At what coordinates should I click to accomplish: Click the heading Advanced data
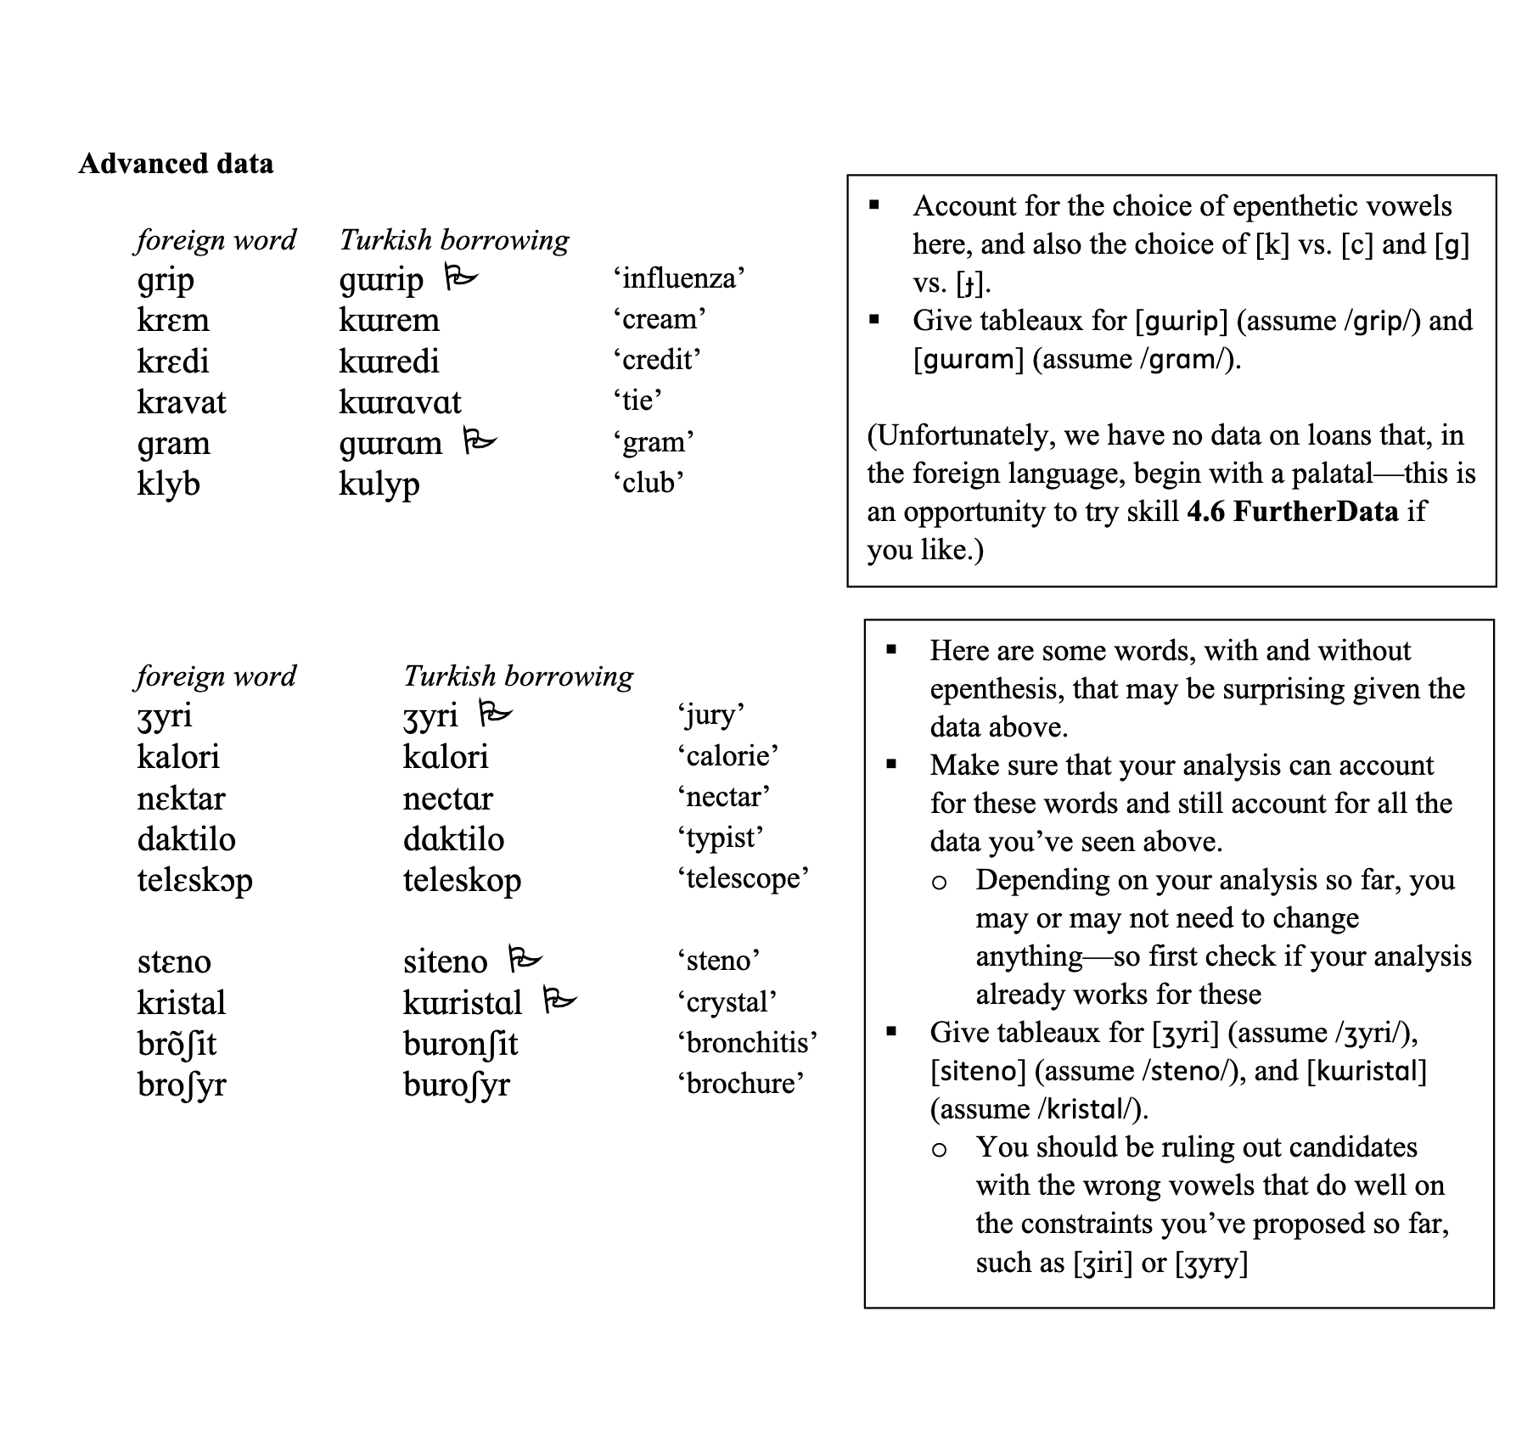click(176, 163)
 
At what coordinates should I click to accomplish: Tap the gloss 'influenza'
click(678, 278)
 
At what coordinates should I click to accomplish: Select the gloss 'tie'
click(637, 400)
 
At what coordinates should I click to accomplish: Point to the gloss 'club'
click(648, 482)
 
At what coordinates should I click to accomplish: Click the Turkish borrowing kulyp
click(379, 485)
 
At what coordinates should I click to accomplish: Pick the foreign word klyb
click(168, 485)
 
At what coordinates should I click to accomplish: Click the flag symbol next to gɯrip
click(462, 277)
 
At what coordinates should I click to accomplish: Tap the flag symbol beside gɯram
click(480, 440)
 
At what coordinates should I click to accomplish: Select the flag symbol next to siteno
click(525, 959)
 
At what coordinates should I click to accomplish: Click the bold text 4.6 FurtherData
click(1293, 512)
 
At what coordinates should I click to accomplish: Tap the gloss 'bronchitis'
click(747, 1042)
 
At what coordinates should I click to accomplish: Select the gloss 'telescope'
click(743, 877)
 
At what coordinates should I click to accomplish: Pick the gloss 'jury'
click(710, 715)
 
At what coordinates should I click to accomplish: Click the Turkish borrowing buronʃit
click(460, 1044)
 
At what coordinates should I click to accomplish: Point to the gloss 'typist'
click(720, 838)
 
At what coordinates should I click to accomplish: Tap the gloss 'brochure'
click(740, 1084)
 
